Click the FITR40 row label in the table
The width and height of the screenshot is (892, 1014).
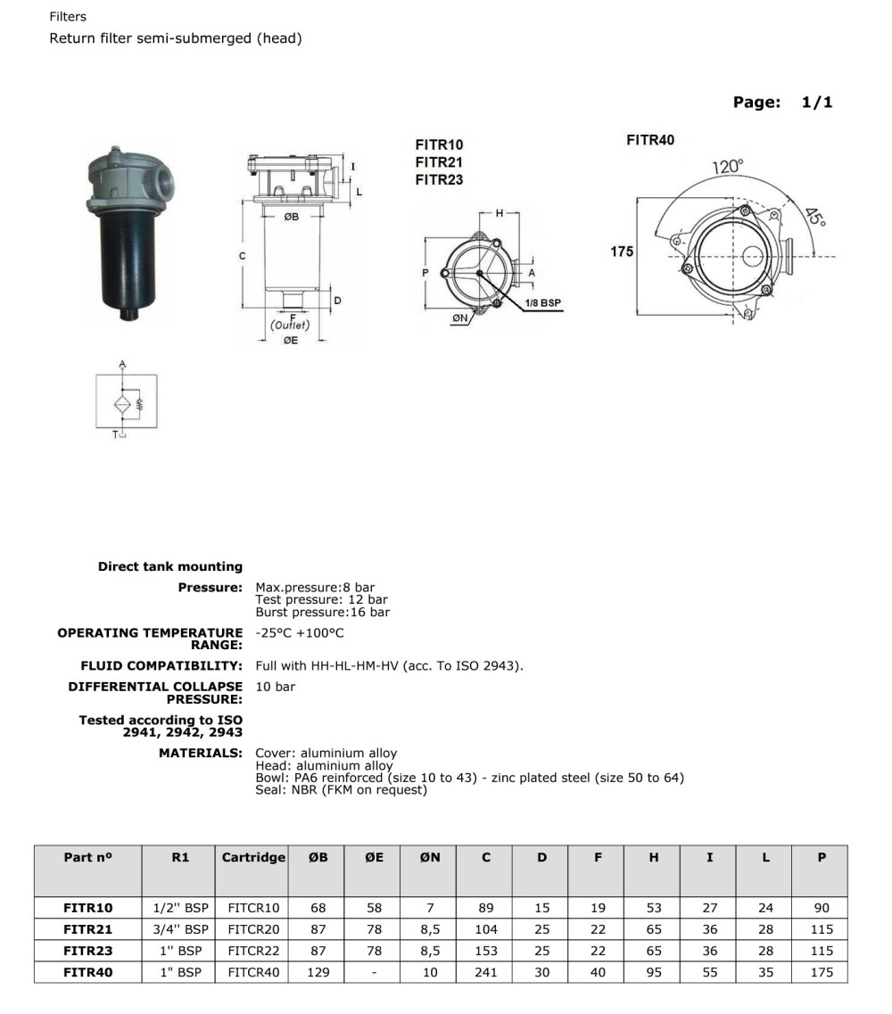pyautogui.click(x=88, y=972)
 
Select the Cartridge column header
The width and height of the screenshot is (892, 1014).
pyautogui.click(x=253, y=857)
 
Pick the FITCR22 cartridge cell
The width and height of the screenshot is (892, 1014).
pyautogui.click(x=253, y=951)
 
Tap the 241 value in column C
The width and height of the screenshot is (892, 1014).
pyautogui.click(x=486, y=972)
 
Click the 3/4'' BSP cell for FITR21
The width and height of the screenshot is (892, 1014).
pyautogui.click(x=180, y=929)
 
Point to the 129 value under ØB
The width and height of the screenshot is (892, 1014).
pyautogui.click(x=318, y=972)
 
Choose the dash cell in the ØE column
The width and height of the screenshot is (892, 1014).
pyautogui.click(x=375, y=972)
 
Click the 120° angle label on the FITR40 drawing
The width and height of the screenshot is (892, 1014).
pyautogui.click(x=727, y=167)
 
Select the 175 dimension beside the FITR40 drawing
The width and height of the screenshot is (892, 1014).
pyautogui.click(x=622, y=251)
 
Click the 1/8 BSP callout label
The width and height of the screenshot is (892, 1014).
pyautogui.click(x=543, y=303)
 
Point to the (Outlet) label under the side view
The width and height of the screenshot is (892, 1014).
pyautogui.click(x=290, y=326)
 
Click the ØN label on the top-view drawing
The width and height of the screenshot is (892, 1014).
pyautogui.click(x=460, y=317)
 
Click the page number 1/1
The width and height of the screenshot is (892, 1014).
pyautogui.click(x=816, y=102)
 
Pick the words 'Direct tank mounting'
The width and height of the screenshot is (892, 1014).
pyautogui.click(x=169, y=566)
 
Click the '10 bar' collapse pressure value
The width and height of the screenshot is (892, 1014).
pyautogui.click(x=275, y=687)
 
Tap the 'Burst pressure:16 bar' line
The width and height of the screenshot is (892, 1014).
pyautogui.click(x=322, y=613)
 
